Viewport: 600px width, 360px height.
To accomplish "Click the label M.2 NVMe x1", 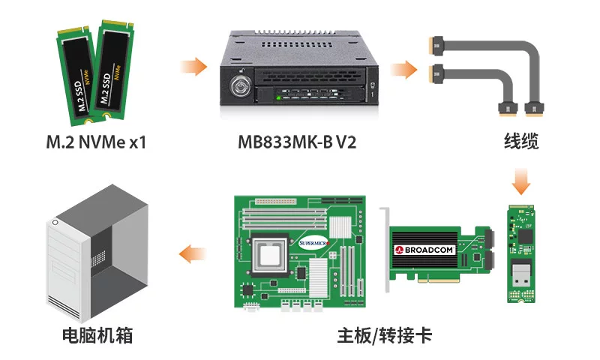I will pos(96,141).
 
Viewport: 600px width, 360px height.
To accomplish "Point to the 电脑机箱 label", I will pos(97,335).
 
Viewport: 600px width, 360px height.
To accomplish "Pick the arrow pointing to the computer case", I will pos(193,255).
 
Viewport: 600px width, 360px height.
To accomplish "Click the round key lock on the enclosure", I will pos(242,83).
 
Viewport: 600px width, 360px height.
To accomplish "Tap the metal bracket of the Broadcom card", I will pos(386,255).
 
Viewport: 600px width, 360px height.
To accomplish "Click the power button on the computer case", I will pos(56,222).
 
